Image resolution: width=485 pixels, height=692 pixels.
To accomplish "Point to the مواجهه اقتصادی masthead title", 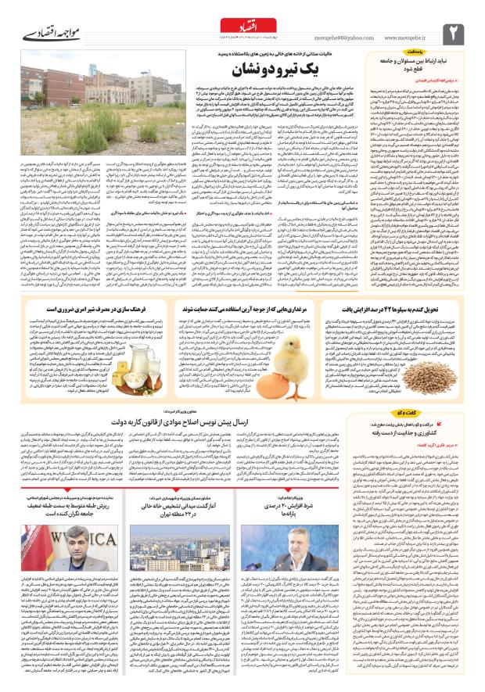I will (x=44, y=35).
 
